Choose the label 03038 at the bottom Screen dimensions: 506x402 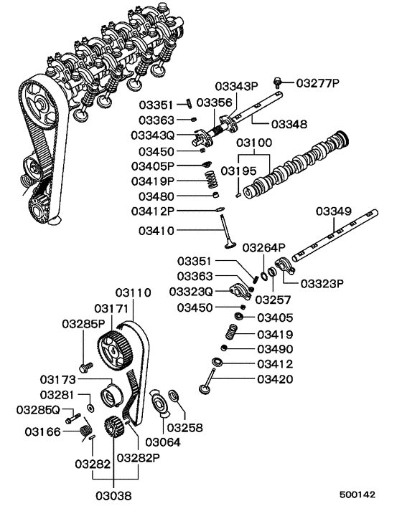pos(114,495)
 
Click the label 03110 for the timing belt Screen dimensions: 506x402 pos(133,293)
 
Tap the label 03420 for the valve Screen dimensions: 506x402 pos(275,379)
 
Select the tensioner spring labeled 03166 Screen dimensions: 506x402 pos(85,431)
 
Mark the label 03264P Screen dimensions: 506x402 pos(263,247)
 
